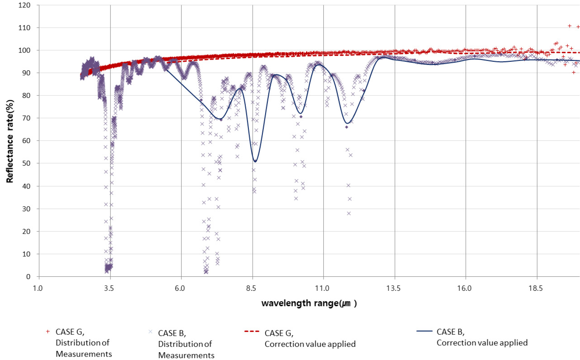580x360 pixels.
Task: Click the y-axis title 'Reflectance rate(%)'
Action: (10, 141)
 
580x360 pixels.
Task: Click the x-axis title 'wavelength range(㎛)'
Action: (309, 303)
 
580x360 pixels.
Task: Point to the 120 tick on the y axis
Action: (24, 5)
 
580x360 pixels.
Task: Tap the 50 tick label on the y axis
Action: (26, 164)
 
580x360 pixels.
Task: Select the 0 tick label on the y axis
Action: (28, 277)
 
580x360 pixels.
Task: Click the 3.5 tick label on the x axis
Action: (109, 288)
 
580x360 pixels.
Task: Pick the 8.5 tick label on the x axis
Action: (251, 288)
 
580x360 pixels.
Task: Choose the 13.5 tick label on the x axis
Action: (393, 288)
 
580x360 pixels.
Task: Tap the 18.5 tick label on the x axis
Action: (536, 288)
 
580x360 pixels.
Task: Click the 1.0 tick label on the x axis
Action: (38, 288)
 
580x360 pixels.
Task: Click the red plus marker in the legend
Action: (48, 332)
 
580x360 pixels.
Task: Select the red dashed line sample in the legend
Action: (252, 332)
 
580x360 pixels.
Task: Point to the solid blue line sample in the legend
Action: (424, 331)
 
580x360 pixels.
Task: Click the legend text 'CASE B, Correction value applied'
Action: (482, 337)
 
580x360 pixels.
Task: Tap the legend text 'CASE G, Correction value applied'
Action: (310, 339)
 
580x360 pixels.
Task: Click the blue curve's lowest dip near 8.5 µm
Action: (255, 161)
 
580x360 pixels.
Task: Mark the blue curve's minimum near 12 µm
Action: (348, 124)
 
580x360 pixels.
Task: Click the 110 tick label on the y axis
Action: (24, 28)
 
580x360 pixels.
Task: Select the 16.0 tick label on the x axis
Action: (464, 288)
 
